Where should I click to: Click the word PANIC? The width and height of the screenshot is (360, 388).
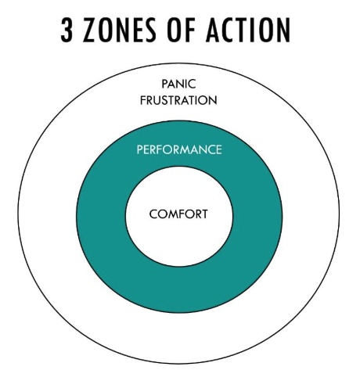[178, 84]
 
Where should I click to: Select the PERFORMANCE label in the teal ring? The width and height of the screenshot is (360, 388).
[179, 149]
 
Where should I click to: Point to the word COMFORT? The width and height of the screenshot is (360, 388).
[179, 213]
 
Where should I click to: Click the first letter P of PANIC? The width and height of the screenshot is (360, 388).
[164, 84]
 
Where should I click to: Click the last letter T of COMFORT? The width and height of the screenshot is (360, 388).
[205, 213]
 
